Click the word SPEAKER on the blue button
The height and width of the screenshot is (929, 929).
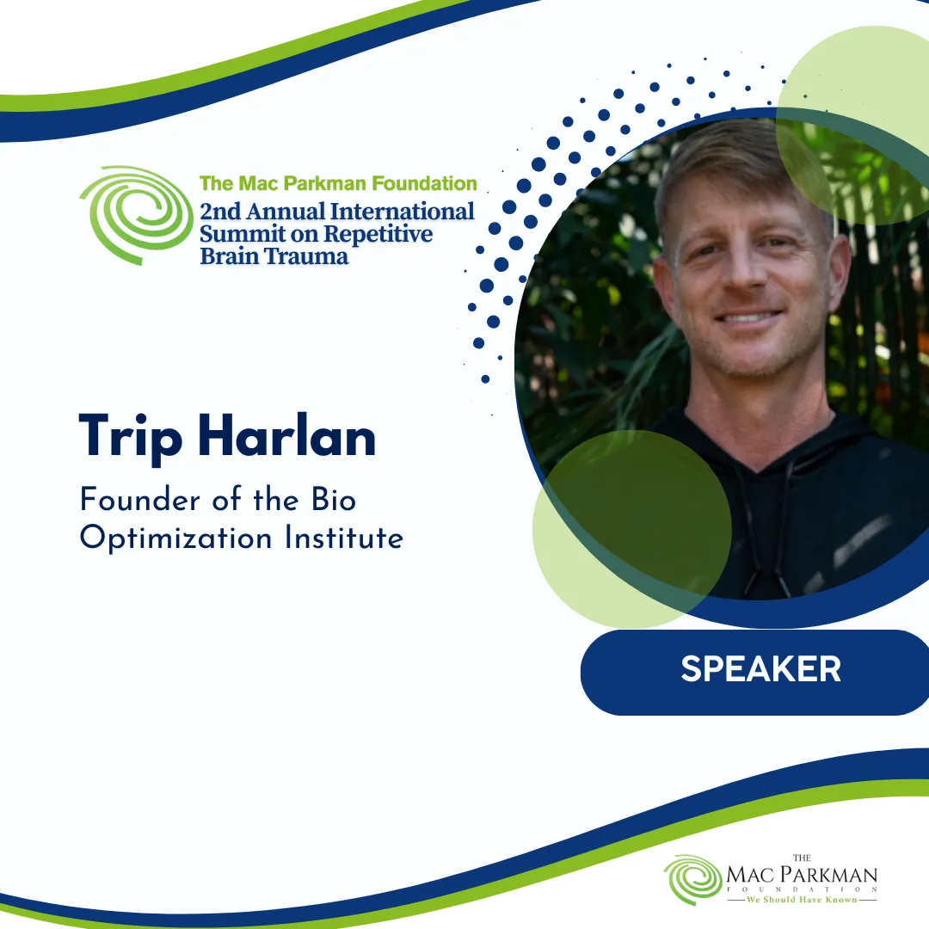(760, 669)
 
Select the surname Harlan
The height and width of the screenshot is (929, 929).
(287, 435)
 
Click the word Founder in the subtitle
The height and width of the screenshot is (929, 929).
(140, 499)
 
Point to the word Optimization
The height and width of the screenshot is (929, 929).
(176, 538)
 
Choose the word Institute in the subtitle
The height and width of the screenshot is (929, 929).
(344, 538)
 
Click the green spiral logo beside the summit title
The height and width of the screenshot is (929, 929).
(136, 215)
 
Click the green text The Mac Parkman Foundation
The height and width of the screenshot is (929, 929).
(338, 183)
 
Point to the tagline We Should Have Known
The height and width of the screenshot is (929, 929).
(802, 900)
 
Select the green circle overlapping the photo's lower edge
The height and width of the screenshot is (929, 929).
(632, 529)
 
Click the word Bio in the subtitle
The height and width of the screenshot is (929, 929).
(334, 499)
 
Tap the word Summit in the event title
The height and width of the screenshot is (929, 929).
(242, 234)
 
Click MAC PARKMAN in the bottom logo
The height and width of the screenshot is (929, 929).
(802, 875)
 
